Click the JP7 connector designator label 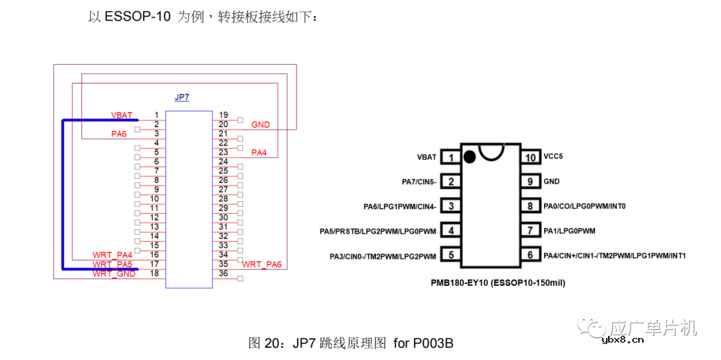182,98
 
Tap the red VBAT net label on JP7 122,116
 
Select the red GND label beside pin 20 260,125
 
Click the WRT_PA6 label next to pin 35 262,264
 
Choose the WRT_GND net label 114,274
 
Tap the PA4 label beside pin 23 259,153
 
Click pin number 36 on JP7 223,273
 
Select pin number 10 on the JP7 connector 154,199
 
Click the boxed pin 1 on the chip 451,158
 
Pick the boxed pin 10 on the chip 531,158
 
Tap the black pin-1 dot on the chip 469,157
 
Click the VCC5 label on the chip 554,157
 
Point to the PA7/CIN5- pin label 419,182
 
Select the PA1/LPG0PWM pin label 569,231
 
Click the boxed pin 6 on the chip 531,255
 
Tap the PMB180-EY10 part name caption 498,283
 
